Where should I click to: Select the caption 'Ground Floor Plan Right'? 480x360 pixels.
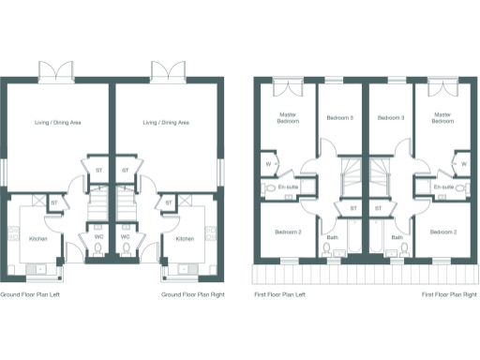(x=192, y=294)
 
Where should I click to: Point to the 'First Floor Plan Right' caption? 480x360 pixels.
(x=448, y=294)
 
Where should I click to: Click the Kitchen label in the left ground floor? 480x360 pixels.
(x=38, y=239)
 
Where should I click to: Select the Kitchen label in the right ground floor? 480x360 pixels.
(x=185, y=239)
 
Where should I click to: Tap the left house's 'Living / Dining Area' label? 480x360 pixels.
(x=57, y=123)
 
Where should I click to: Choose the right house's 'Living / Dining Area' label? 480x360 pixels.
(x=166, y=123)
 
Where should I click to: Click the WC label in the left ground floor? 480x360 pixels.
(x=98, y=236)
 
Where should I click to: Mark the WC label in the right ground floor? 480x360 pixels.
(x=125, y=236)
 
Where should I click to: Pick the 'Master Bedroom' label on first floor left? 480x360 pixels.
(x=288, y=118)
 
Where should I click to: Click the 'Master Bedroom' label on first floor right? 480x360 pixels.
(x=443, y=118)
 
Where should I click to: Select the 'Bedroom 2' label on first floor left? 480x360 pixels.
(x=287, y=232)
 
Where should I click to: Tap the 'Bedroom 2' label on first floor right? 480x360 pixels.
(x=443, y=232)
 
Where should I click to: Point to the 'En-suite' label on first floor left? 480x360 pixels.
(x=288, y=187)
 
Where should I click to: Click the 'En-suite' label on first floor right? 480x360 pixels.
(x=444, y=187)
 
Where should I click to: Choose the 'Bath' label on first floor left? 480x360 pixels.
(x=333, y=237)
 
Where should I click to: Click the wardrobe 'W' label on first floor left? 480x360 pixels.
(x=268, y=165)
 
